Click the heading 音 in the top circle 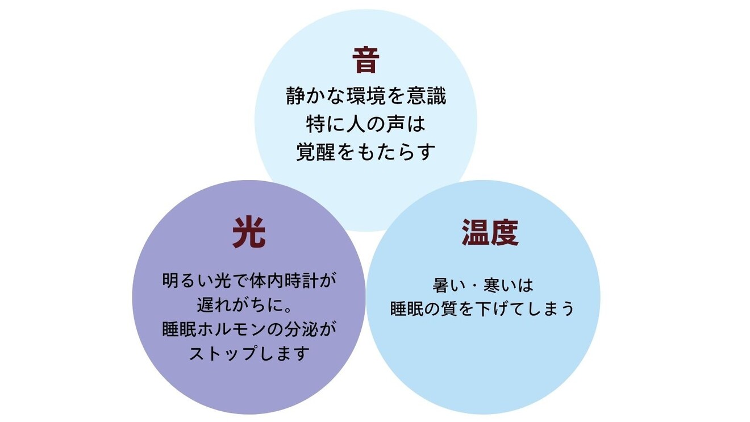(x=365, y=61)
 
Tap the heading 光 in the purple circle (x=249, y=233)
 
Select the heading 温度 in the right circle (x=490, y=233)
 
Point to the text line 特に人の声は (x=366, y=124)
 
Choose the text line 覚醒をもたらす (x=366, y=152)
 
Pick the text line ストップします (x=249, y=354)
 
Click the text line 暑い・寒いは (x=482, y=284)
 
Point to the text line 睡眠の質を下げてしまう (x=482, y=308)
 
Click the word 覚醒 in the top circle (x=316, y=152)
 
